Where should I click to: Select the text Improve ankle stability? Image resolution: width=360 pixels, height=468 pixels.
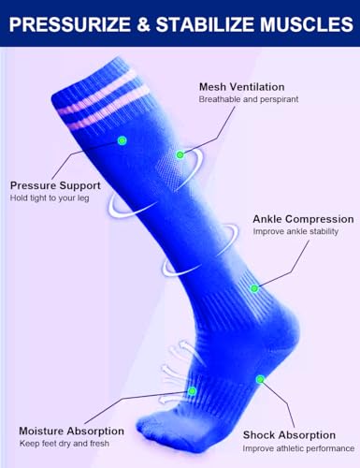click(295, 231)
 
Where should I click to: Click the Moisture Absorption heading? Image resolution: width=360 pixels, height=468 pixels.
click(68, 431)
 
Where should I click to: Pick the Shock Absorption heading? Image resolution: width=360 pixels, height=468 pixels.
click(289, 434)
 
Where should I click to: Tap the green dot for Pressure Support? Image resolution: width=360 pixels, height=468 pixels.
click(122, 140)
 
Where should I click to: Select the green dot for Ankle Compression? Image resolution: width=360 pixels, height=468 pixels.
click(253, 286)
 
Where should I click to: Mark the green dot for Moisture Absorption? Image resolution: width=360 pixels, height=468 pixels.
click(193, 390)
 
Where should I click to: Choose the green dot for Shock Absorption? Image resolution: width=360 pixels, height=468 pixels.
click(261, 380)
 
